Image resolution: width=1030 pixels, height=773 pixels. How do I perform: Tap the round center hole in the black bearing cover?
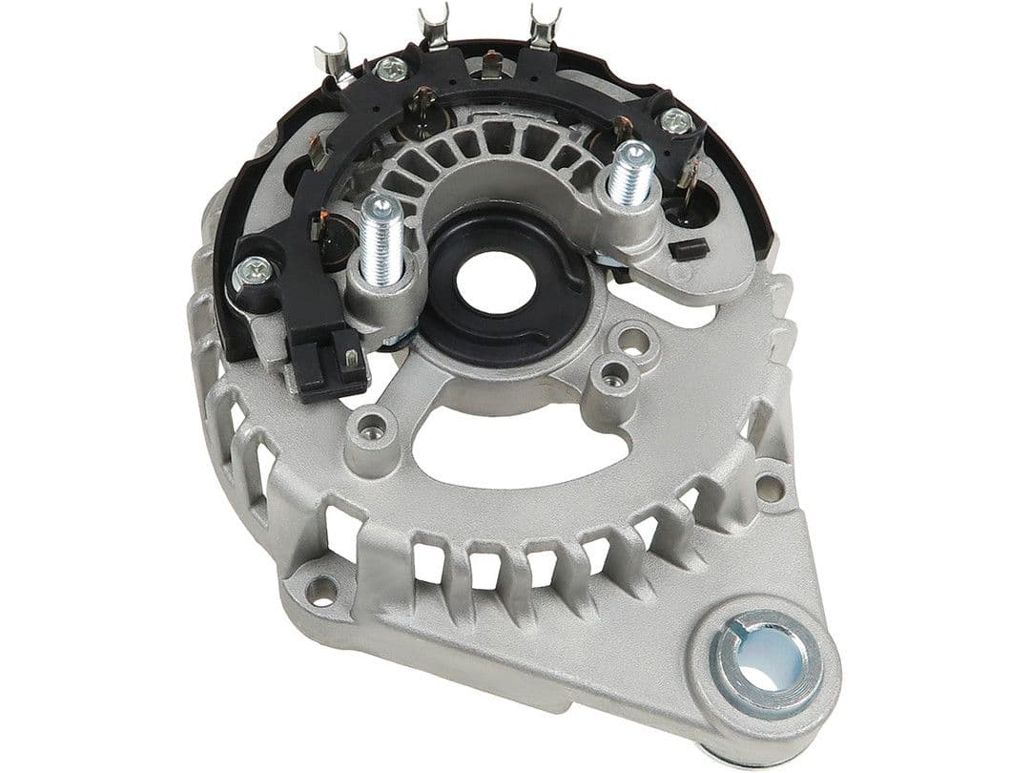pyautogui.click(x=486, y=280)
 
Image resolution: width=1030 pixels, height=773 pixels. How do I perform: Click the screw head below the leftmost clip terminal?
pyautogui.click(x=391, y=69)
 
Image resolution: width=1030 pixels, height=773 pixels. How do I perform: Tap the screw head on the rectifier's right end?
pyautogui.click(x=676, y=120)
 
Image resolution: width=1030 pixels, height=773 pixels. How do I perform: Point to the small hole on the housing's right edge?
pyautogui.click(x=769, y=488)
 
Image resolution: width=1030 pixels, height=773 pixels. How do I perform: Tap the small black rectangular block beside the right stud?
pyautogui.click(x=689, y=250)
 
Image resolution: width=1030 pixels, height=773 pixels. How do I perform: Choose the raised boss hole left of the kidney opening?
pyautogui.click(x=367, y=426)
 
